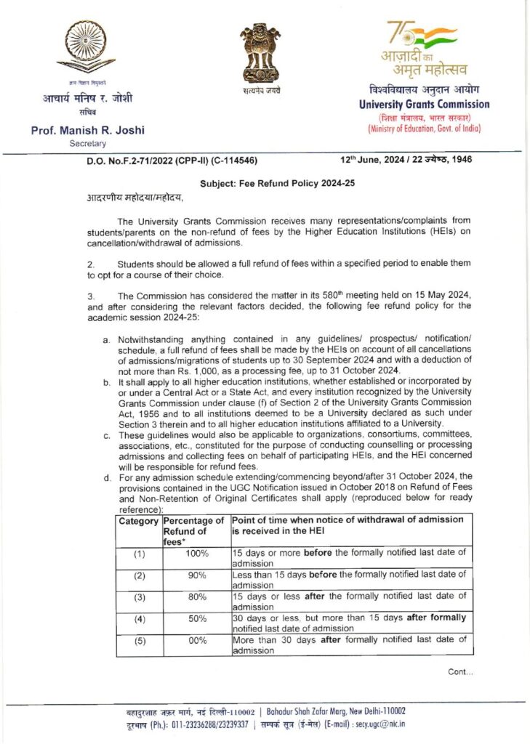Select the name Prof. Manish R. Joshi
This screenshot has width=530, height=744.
click(x=87, y=130)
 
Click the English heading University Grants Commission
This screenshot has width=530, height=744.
click(x=424, y=105)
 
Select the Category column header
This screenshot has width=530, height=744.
click(x=138, y=522)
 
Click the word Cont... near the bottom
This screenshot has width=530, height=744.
click(x=460, y=672)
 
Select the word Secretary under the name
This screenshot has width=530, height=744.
click(x=87, y=144)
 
